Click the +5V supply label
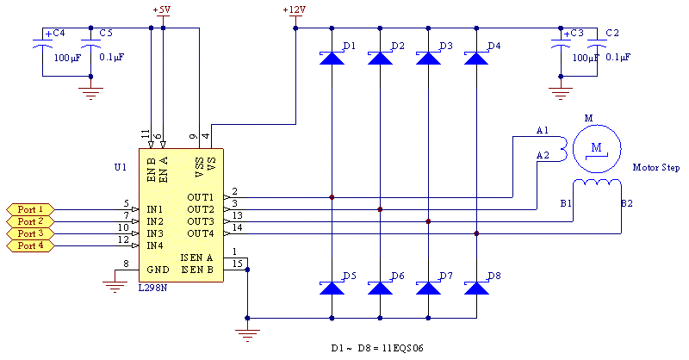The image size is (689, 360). pyautogui.click(x=161, y=10)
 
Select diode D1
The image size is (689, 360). pyautogui.click(x=332, y=58)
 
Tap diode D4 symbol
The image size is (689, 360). pyautogui.click(x=476, y=58)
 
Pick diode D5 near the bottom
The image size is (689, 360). pyautogui.click(x=332, y=288)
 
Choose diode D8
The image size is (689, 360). pyautogui.click(x=476, y=288)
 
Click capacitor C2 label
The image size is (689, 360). pyautogui.click(x=612, y=33)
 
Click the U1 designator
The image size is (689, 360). pyautogui.click(x=120, y=166)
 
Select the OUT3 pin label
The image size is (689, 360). pyautogui.click(x=201, y=222)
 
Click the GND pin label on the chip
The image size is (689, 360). pyautogui.click(x=158, y=270)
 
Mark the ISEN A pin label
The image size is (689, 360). pyautogui.click(x=197, y=258)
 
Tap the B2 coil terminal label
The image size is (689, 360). pyautogui.click(x=626, y=204)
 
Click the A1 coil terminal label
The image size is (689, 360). pyautogui.click(x=542, y=131)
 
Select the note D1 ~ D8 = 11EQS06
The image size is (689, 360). pyautogui.click(x=378, y=348)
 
